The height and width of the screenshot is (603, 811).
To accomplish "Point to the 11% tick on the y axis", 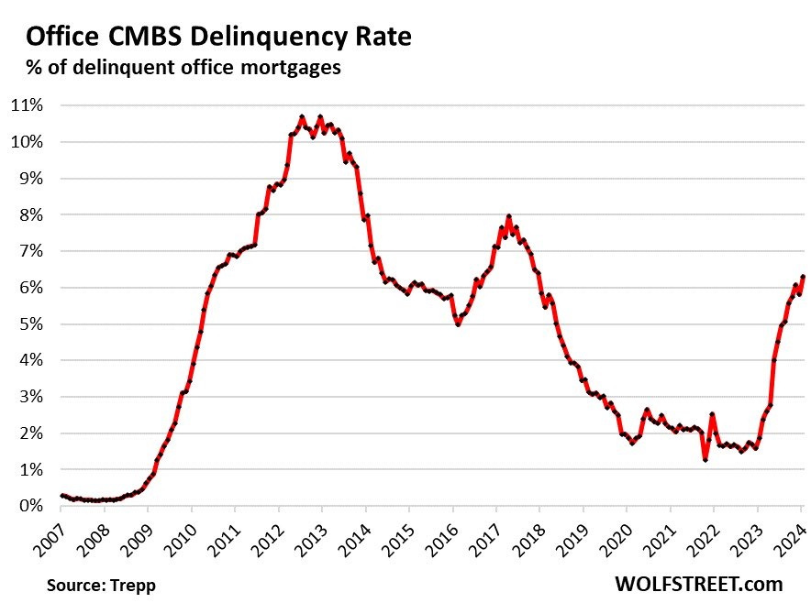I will point(28,105).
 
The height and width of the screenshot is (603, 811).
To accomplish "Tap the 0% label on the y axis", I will point(32,506).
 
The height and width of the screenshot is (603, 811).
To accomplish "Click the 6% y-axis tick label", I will point(32,288).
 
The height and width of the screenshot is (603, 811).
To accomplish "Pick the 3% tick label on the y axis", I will point(32,397).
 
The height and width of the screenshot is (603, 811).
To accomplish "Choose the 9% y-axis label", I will point(32,179).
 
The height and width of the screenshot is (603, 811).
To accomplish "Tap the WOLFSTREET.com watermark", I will point(697,584).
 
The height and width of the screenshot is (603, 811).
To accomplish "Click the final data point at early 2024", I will point(803,277).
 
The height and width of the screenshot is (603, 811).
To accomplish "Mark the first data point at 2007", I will point(61,496).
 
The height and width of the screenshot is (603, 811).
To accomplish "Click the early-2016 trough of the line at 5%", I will point(458,323).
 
